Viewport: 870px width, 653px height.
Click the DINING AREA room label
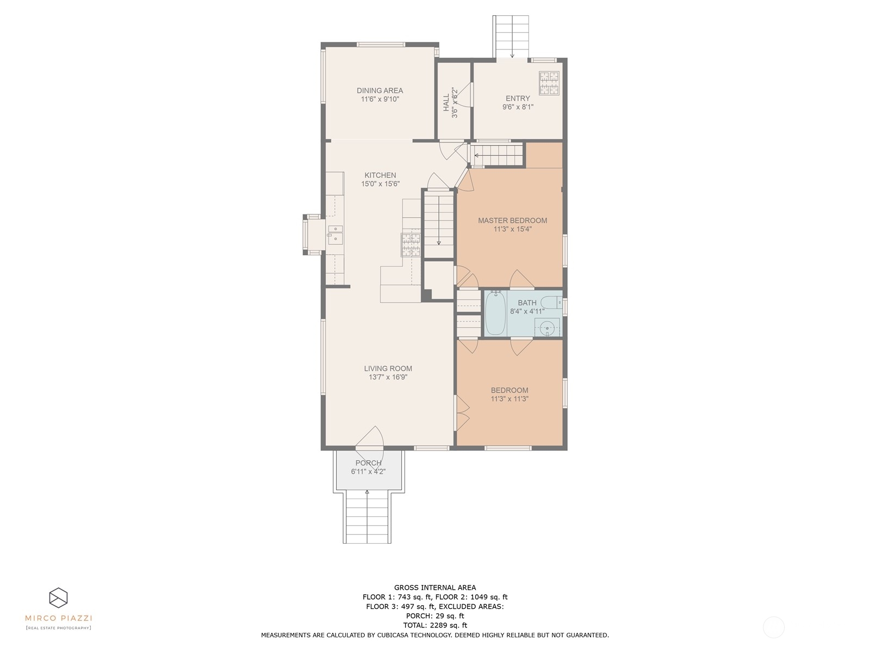coord(380,91)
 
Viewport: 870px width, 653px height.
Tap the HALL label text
coord(446,102)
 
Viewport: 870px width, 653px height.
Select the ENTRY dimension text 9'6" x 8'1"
coord(518,107)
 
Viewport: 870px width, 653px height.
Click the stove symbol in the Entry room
coord(549,83)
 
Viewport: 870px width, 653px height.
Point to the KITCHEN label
coord(380,175)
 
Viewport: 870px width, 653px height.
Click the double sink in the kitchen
coord(335,234)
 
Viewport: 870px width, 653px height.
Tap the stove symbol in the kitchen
coord(411,244)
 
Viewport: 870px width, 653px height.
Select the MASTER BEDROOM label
coord(512,220)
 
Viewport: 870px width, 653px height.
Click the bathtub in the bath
coord(495,313)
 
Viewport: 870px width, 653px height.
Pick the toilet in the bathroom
coord(553,301)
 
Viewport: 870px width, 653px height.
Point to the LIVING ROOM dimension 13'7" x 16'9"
coord(388,377)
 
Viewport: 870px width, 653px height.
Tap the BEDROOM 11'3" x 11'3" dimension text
coord(509,399)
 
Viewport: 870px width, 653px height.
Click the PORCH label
coord(368,463)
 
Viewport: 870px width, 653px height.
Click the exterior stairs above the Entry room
coord(511,35)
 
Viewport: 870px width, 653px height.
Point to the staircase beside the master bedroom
coord(439,223)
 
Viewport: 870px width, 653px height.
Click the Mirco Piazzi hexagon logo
coord(58,597)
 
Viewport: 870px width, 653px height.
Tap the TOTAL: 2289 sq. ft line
coord(435,625)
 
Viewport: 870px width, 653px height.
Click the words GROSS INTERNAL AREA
coord(435,587)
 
